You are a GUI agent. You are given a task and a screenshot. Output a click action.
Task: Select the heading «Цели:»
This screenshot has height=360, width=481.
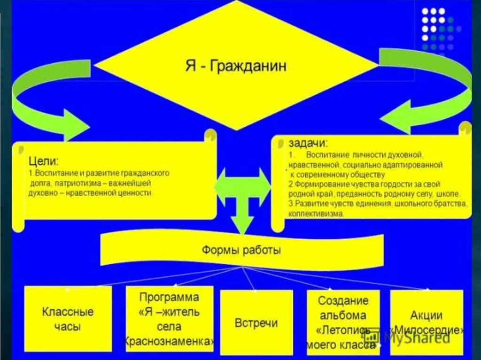[x=44, y=162]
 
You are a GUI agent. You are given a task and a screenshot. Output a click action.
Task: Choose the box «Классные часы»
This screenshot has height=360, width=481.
[x=68, y=319]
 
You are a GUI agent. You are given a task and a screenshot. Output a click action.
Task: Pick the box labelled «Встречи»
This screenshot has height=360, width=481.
[x=256, y=322]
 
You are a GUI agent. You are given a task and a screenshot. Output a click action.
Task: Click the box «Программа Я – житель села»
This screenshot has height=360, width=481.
[x=169, y=319]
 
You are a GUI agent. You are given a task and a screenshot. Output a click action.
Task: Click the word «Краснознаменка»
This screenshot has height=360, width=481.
[x=169, y=341]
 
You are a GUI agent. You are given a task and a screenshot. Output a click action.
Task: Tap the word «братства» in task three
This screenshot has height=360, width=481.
[x=449, y=204]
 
